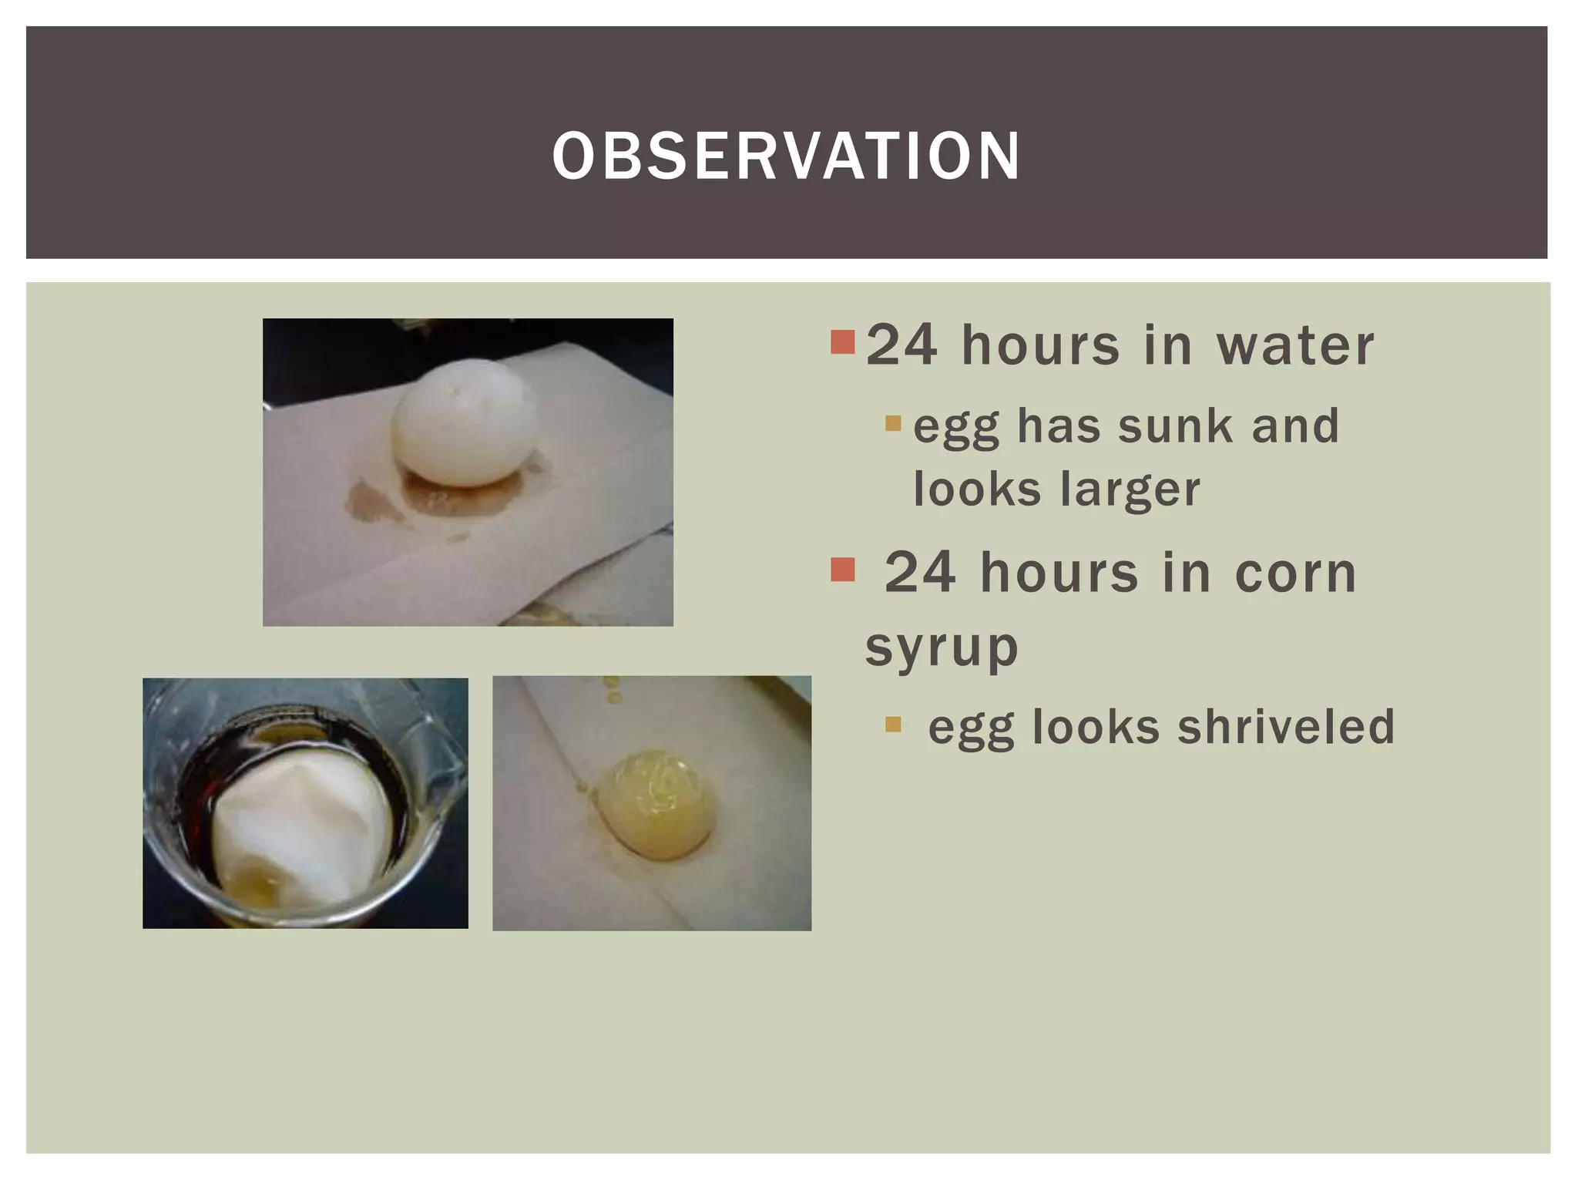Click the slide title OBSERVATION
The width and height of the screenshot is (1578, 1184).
[x=787, y=156]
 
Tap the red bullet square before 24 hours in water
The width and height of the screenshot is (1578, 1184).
[x=843, y=341]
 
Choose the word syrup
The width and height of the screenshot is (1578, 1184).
[x=942, y=648]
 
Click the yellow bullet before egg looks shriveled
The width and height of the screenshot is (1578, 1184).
[x=893, y=724]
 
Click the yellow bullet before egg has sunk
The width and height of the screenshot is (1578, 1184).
[x=893, y=423]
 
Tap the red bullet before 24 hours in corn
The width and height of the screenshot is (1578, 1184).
[x=843, y=570]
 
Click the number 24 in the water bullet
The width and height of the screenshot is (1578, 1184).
[x=901, y=346]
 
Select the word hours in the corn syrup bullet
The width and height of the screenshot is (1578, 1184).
[x=1059, y=574]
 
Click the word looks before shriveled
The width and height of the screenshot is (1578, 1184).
[x=1095, y=727]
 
